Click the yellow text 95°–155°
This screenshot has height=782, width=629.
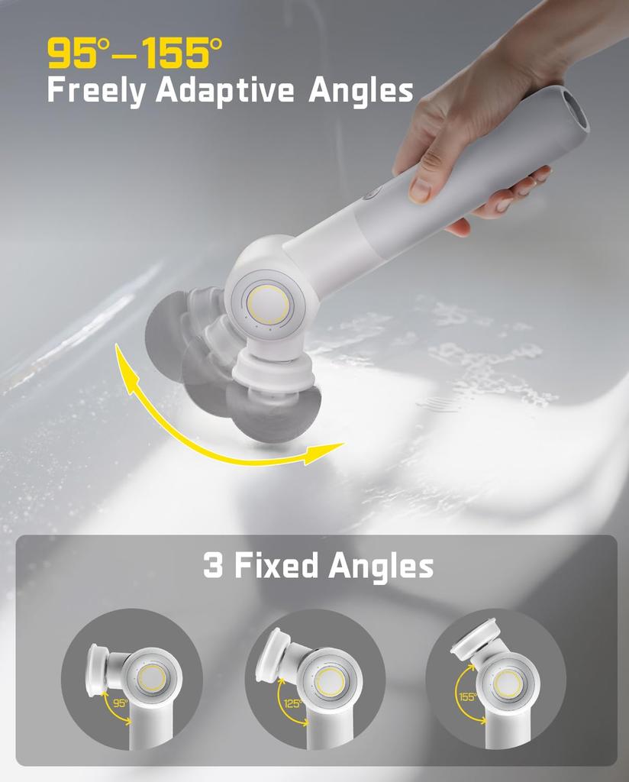click(135, 53)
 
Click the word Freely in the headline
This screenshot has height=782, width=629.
click(97, 91)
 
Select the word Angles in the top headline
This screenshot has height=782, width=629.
click(360, 91)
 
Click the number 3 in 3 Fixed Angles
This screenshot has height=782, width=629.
click(212, 567)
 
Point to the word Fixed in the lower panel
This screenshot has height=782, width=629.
click(276, 567)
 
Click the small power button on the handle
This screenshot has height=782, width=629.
click(371, 192)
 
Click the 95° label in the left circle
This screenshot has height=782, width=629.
click(120, 703)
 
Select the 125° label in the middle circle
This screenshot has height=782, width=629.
click(292, 703)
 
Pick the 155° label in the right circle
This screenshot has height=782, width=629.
click(468, 696)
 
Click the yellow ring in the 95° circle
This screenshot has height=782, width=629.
click(153, 677)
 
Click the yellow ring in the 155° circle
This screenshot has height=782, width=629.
click(508, 682)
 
